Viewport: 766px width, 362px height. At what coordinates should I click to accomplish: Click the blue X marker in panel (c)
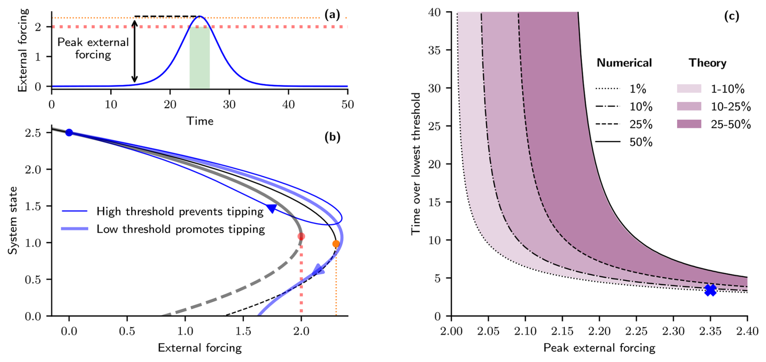(710, 290)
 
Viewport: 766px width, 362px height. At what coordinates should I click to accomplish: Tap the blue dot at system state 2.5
(69, 133)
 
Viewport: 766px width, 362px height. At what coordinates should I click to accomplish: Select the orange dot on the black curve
(336, 244)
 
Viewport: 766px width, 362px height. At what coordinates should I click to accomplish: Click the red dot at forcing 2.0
(301, 237)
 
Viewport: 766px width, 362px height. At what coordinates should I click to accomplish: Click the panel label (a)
(332, 15)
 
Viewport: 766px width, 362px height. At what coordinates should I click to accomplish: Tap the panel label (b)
(332, 137)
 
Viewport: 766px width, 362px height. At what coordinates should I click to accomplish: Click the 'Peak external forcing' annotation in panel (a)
(93, 48)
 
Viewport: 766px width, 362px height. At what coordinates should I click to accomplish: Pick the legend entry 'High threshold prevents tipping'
(180, 212)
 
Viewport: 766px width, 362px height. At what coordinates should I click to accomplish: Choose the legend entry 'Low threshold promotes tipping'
(181, 229)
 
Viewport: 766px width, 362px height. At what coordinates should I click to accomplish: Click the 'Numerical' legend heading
(624, 63)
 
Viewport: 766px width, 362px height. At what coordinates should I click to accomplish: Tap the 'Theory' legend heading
(707, 63)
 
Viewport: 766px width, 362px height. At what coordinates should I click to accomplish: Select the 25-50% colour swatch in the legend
(689, 124)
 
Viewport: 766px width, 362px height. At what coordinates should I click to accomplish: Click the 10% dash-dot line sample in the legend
(608, 107)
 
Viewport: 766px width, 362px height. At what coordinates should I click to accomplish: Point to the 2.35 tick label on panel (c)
(710, 332)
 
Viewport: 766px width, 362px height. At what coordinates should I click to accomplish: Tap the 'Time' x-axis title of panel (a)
(200, 121)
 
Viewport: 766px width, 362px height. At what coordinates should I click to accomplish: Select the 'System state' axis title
(13, 220)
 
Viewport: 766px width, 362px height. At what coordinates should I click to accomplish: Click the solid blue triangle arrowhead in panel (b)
(272, 209)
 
